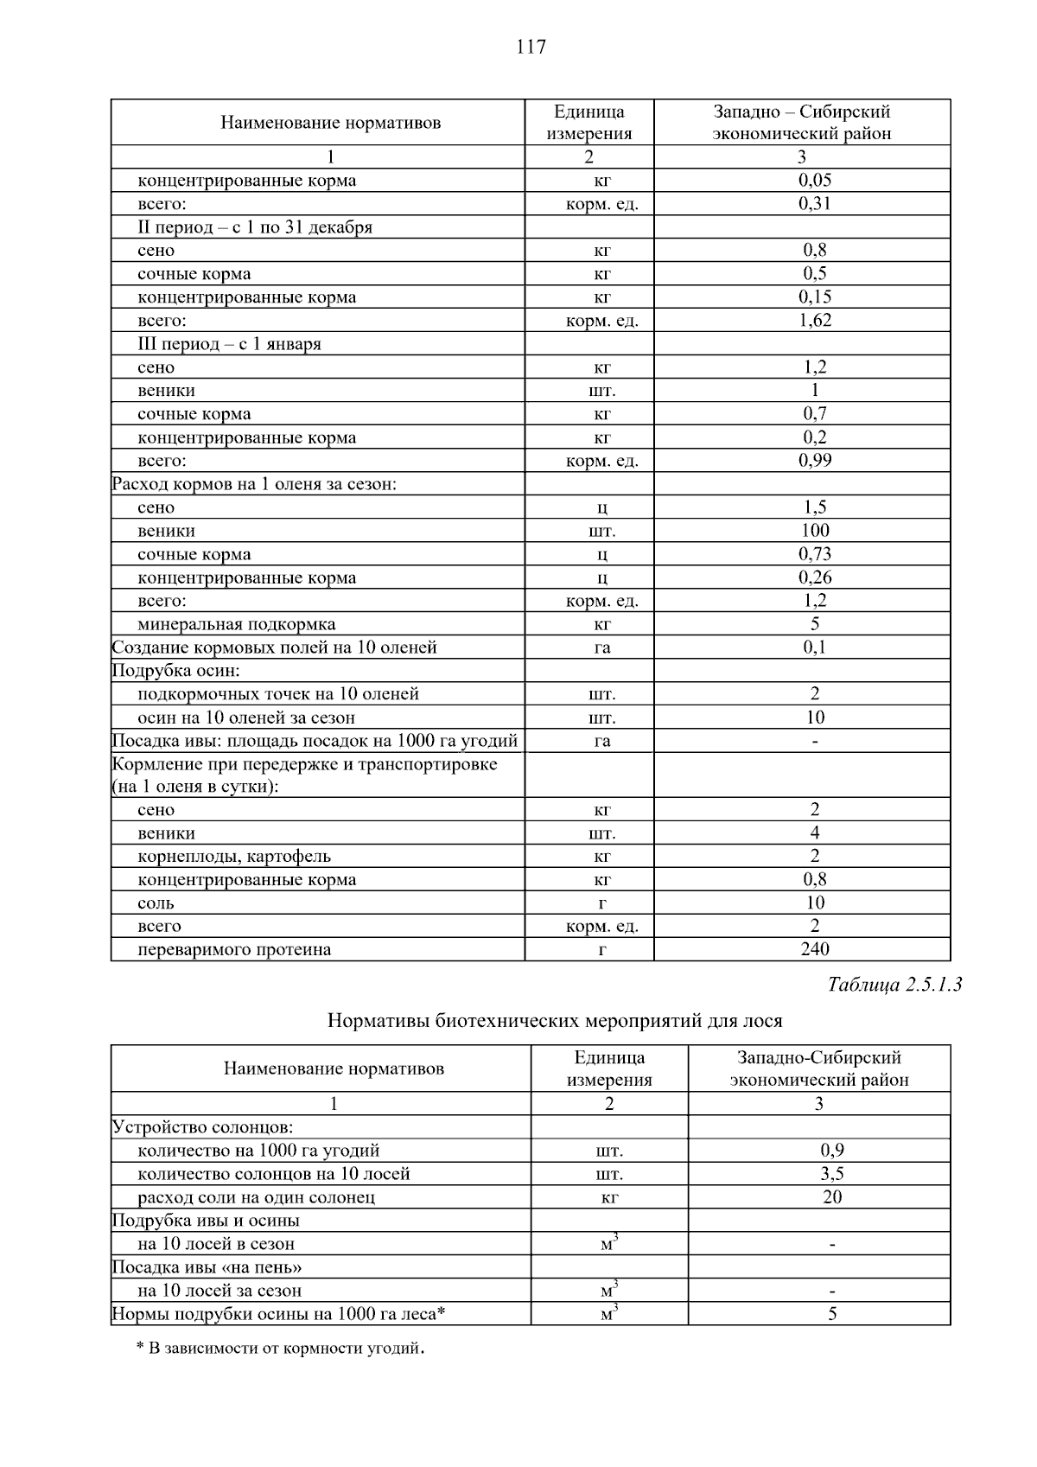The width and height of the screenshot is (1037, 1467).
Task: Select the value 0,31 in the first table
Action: (x=814, y=204)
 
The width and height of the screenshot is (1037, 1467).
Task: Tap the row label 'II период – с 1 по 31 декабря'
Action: (x=255, y=227)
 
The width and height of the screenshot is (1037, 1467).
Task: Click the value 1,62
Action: (x=814, y=321)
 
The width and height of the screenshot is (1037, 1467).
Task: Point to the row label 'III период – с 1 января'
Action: (x=229, y=344)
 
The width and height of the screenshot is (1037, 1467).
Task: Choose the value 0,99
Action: (x=814, y=461)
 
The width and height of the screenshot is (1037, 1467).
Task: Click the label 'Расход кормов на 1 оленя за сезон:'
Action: (x=254, y=484)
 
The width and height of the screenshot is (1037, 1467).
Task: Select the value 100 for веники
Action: (x=814, y=531)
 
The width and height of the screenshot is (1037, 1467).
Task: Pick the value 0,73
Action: (x=814, y=554)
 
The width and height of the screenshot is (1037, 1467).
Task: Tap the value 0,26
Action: (x=814, y=577)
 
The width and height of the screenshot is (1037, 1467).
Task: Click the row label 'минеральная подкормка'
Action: (x=237, y=624)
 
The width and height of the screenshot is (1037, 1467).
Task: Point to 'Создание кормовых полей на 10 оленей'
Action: (x=275, y=647)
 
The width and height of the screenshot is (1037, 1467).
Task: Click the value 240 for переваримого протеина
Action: (x=814, y=950)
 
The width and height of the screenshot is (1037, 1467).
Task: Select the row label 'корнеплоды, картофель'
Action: (x=234, y=857)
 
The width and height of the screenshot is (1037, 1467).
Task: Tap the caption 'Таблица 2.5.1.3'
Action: (x=894, y=985)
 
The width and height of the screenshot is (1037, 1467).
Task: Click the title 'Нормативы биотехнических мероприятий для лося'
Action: (x=555, y=1021)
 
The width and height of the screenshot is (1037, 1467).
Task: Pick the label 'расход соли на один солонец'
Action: (x=257, y=1198)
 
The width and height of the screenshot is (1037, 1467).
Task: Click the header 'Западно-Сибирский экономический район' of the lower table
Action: (x=819, y=1068)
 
